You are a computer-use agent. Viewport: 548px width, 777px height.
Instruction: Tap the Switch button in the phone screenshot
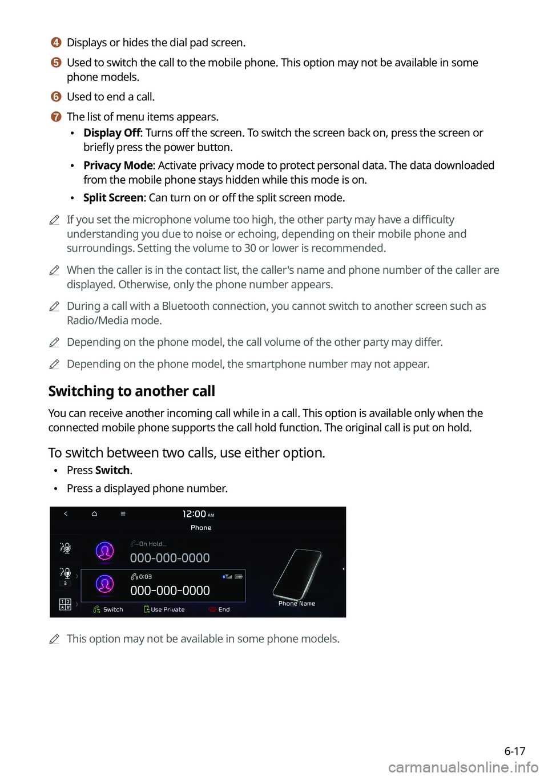pos(108,609)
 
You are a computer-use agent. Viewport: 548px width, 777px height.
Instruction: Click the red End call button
pos(219,609)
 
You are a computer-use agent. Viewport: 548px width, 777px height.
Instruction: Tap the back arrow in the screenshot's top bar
pos(66,514)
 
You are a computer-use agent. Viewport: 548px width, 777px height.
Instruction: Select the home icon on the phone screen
pos(94,514)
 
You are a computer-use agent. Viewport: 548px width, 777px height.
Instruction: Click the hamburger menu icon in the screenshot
pos(123,514)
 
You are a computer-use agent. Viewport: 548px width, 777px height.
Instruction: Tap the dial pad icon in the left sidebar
pos(65,604)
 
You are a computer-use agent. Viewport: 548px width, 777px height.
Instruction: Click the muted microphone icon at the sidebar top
pos(65,548)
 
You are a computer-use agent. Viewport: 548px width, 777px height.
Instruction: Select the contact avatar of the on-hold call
pos(104,551)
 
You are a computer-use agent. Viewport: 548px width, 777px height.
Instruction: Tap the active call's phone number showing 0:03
pos(170,591)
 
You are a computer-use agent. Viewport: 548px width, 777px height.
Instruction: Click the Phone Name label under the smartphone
pos(297,604)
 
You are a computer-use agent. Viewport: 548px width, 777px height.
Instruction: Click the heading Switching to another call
pos(132,391)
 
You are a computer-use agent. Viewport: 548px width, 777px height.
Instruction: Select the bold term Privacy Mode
pos(118,165)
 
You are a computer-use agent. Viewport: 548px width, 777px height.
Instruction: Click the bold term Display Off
pos(112,133)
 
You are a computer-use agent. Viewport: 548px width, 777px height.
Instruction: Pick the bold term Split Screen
pos(113,198)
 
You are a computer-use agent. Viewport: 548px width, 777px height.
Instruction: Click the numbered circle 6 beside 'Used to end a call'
pos(56,97)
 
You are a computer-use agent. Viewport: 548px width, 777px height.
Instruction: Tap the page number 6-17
pos(514,751)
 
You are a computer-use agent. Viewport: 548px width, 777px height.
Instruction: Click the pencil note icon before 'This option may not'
pos(54,639)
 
